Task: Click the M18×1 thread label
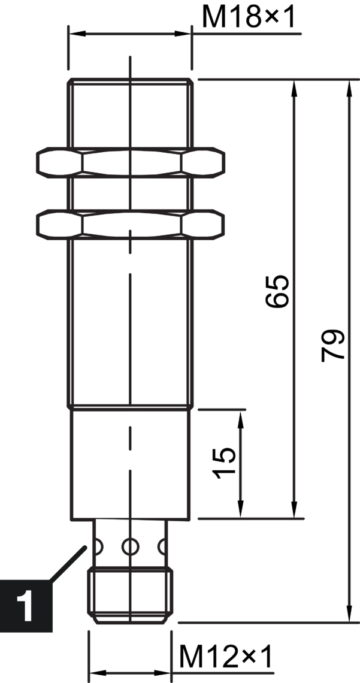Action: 249,17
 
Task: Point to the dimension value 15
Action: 225,463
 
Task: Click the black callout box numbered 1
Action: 26,605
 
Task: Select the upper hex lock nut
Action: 131,162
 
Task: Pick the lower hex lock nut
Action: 131,224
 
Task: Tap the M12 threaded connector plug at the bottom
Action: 130,594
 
